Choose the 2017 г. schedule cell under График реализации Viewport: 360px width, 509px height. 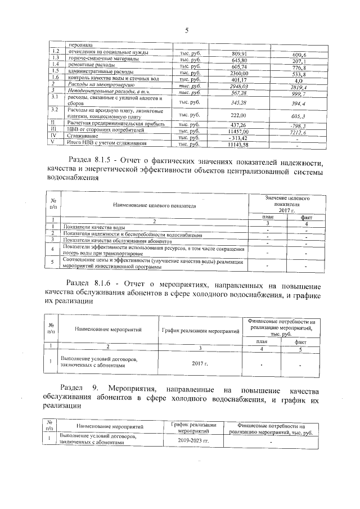(x=200, y=363)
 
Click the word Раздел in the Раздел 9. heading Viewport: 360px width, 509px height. (x=74, y=389)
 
